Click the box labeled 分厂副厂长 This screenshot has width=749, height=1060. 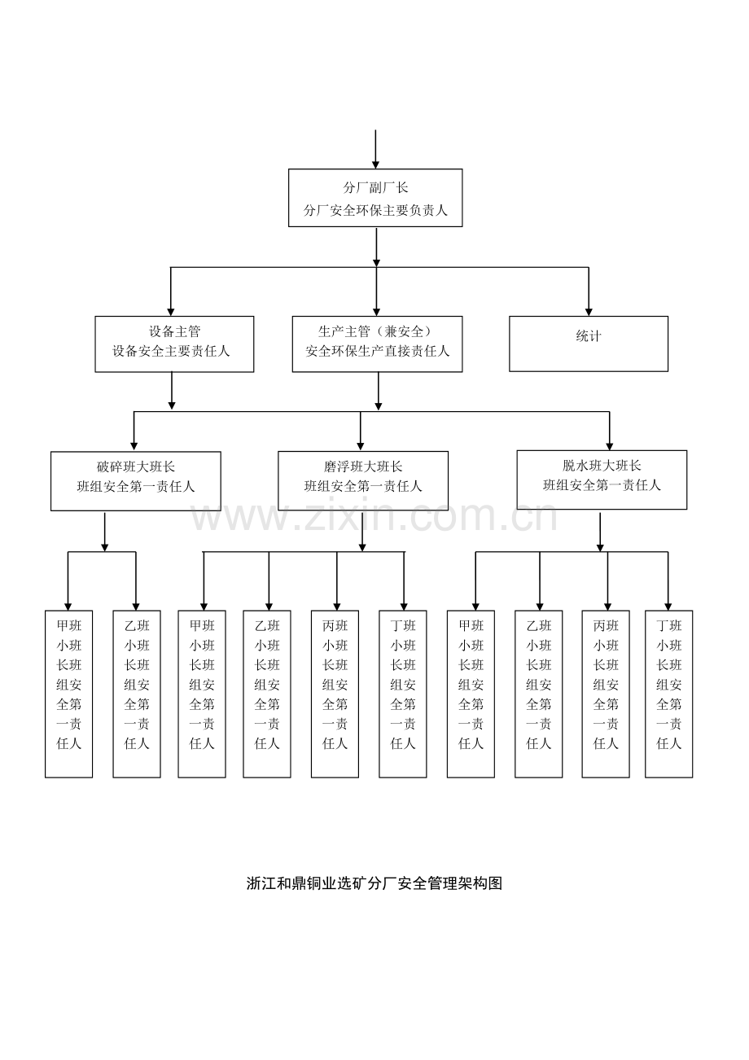click(x=375, y=198)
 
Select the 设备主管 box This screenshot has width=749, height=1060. click(x=174, y=344)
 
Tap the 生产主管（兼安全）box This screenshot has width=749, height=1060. click(x=377, y=344)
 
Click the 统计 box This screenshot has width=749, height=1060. click(x=589, y=344)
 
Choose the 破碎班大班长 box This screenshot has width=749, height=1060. click(x=136, y=481)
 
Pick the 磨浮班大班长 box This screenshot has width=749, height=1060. click(x=363, y=480)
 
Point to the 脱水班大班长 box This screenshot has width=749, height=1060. click(x=602, y=480)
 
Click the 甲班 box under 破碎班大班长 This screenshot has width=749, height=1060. click(x=68, y=694)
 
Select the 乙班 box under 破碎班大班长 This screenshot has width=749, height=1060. click(x=137, y=694)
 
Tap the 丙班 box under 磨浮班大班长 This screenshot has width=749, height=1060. click(x=335, y=694)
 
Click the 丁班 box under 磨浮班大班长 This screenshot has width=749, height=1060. click(x=403, y=694)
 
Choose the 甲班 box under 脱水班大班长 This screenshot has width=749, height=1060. click(x=471, y=694)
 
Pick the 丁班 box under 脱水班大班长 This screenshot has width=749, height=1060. click(x=669, y=694)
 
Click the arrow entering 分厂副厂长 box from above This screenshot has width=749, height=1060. click(x=375, y=149)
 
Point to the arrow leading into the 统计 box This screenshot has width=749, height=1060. click(x=589, y=291)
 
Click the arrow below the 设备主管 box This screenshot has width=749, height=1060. click(x=172, y=391)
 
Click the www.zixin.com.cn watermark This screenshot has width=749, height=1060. click(x=374, y=516)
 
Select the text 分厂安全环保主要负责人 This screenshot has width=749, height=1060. click(x=375, y=210)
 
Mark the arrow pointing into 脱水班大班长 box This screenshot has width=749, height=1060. click(x=610, y=431)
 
